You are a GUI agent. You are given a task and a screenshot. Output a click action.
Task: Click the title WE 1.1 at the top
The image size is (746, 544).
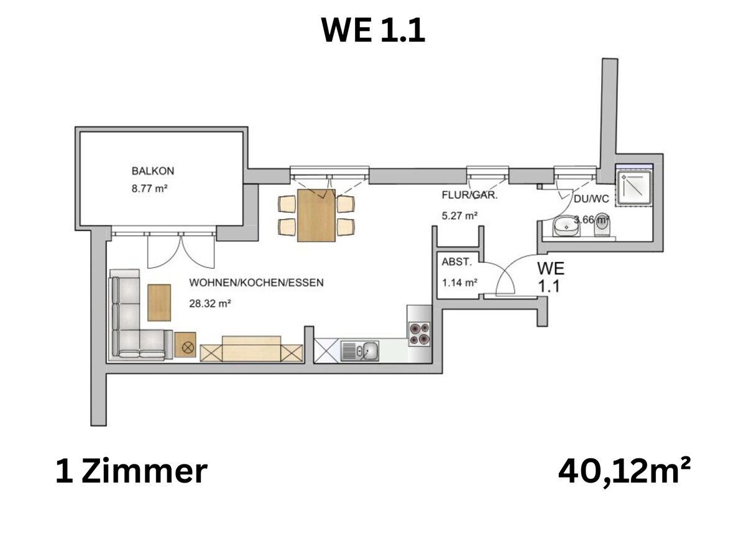coord(373,30)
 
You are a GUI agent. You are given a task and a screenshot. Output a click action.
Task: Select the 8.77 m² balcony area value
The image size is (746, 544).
coord(150,189)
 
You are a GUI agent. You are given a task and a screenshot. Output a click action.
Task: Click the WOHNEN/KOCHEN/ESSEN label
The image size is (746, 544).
coord(256,283)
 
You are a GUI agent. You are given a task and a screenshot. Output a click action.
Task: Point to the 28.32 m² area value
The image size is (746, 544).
coord(210,304)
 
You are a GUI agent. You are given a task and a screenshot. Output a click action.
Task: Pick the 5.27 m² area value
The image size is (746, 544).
coord(459,216)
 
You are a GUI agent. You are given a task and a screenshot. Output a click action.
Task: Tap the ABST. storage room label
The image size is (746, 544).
coord(453,262)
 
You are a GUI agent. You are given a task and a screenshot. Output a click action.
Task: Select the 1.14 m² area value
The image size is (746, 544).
coord(459,283)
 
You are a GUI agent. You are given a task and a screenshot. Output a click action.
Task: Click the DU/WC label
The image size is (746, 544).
coord(591,199)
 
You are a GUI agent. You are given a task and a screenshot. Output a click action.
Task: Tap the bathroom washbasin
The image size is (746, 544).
coord(566,228)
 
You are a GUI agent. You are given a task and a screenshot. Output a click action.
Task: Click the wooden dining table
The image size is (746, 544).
coord(316,215)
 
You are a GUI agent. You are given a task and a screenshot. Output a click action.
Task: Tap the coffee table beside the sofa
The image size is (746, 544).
coord(159,302)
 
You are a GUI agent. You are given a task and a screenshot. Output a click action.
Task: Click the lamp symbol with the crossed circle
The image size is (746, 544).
coord(185,345)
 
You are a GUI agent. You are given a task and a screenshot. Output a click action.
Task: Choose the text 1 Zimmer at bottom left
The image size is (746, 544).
coord(131,472)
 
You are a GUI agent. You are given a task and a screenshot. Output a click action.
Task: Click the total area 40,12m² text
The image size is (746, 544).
coord(624,472)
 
